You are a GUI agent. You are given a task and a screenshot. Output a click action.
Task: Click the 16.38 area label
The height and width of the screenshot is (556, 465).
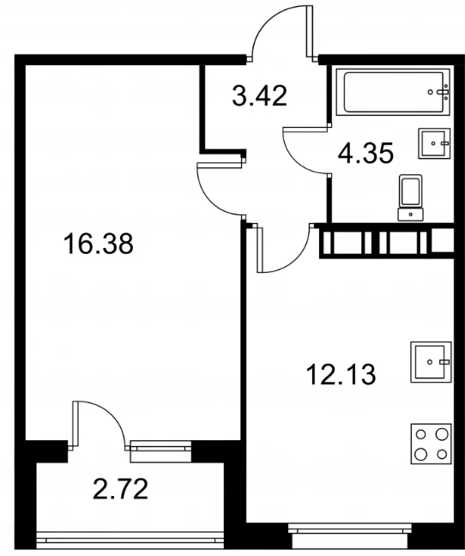point(98,244)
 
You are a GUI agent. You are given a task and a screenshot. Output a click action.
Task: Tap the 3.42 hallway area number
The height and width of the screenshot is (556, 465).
point(259,96)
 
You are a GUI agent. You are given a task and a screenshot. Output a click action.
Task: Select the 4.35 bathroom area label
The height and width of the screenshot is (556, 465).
point(365,154)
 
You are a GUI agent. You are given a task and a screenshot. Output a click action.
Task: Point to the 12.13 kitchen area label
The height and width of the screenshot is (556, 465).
point(341,375)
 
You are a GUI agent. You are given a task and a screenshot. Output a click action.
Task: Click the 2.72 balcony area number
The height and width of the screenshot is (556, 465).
point(120,488)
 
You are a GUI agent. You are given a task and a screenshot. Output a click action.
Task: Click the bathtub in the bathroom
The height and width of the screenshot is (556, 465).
point(393,92)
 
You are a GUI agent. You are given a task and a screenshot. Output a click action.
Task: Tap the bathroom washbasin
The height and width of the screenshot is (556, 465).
point(434,143)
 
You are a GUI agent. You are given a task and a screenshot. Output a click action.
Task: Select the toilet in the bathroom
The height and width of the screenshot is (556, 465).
point(410,197)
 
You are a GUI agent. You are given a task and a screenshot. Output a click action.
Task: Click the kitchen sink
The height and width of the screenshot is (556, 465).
point(431,362)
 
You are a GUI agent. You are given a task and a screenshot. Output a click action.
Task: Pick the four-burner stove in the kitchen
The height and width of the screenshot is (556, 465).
point(432,444)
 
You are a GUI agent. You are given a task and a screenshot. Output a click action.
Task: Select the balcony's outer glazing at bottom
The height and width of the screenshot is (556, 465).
point(130,537)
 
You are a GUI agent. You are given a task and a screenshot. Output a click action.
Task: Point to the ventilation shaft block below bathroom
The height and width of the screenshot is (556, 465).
point(387,241)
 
